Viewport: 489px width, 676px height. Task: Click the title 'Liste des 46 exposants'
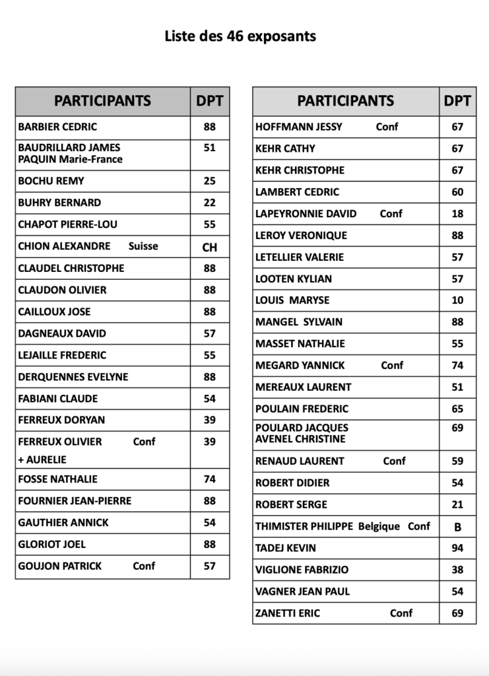point(240,36)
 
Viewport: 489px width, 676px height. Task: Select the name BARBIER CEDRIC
point(57,127)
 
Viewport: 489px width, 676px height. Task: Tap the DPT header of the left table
point(210,101)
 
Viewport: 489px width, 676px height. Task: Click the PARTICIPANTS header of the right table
point(345,101)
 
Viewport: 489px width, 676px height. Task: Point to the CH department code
point(210,248)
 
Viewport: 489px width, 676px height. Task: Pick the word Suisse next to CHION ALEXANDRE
point(143,246)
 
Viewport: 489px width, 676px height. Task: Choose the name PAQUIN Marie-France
point(70,159)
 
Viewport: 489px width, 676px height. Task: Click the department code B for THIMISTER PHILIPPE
point(457,527)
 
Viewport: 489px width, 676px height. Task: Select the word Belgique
point(379,526)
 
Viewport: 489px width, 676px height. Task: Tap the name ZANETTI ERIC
point(288,613)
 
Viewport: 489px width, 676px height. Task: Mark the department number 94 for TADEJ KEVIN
point(457,548)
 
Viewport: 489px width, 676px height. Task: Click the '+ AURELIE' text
point(42,459)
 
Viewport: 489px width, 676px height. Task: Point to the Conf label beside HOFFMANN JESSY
point(387,127)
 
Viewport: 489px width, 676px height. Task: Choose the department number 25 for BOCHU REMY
point(210,181)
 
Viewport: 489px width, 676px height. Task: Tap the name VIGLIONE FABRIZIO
point(302,570)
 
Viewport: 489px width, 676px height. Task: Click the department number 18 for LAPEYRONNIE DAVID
point(457,214)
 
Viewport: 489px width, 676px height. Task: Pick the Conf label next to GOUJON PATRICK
point(144,566)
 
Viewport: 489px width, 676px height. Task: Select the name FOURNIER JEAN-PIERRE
point(75,501)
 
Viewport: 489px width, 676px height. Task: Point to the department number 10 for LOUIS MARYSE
point(457,300)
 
